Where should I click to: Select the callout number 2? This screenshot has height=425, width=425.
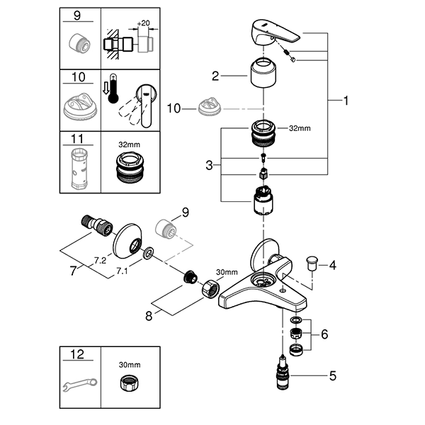[x=215, y=76]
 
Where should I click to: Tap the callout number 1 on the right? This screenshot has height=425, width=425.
[x=346, y=101]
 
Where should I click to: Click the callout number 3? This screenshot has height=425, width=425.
[x=209, y=165]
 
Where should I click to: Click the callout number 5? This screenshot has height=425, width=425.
[x=333, y=375]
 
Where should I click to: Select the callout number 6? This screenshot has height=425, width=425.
[x=324, y=334]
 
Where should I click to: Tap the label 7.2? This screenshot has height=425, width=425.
[x=100, y=261]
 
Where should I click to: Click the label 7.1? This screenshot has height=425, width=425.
[x=122, y=271]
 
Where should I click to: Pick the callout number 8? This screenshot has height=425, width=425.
[x=149, y=316]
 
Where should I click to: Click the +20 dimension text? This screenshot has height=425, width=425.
[x=143, y=23]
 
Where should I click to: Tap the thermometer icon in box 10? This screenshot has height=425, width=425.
[x=113, y=89]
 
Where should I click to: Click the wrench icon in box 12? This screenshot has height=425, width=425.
[x=79, y=385]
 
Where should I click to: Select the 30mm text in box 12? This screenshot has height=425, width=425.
[x=130, y=365]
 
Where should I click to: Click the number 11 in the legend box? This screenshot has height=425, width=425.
[x=77, y=139]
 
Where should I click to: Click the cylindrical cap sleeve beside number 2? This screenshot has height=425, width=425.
[x=263, y=73]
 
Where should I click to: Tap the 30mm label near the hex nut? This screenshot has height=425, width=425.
[x=227, y=272]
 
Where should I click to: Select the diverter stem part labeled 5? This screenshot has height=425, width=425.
[x=283, y=372]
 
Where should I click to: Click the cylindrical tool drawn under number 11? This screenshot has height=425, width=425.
[x=79, y=169]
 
